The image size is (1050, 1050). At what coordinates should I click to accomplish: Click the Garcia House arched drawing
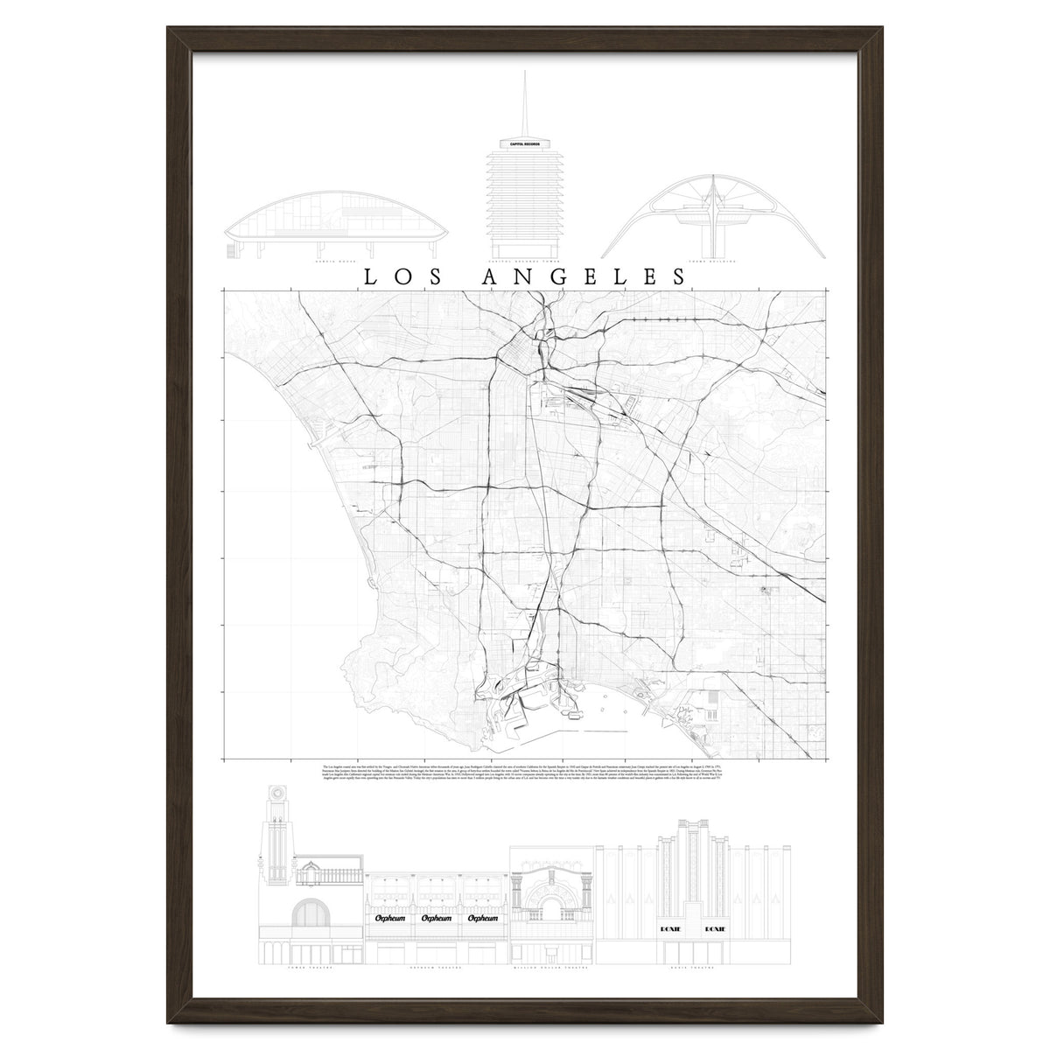337,227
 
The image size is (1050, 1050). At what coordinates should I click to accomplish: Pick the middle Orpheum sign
436,919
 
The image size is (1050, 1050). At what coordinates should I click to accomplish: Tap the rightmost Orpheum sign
483,919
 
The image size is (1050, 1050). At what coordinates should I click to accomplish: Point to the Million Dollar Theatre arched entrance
551,910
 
